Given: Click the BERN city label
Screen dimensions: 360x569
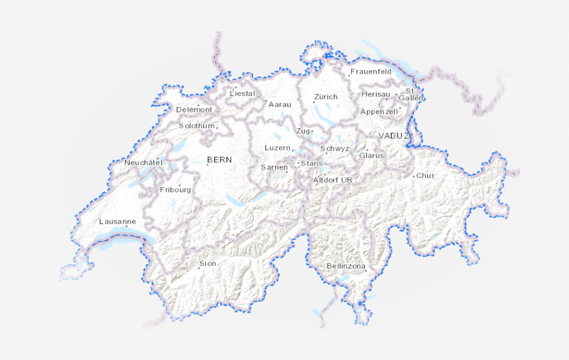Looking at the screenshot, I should (220, 160).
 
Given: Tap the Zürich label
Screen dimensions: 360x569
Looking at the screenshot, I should (326, 97).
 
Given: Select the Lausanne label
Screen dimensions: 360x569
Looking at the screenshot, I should (117, 222).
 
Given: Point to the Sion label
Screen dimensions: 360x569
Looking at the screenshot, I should (207, 263).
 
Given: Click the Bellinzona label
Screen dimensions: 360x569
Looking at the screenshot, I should (346, 266).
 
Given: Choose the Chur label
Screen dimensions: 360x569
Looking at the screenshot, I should (425, 175).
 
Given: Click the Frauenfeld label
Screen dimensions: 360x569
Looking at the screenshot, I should (370, 72).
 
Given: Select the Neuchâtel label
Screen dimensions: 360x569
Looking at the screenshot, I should (143, 163).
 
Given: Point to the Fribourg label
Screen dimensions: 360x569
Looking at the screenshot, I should (175, 190).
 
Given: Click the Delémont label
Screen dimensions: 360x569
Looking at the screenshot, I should (194, 110).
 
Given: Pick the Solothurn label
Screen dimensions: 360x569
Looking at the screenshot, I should (197, 126).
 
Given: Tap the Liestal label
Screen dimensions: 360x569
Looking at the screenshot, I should (242, 93).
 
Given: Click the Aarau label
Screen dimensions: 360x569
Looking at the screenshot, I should (280, 104).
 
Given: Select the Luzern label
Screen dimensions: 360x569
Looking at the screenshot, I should (278, 148).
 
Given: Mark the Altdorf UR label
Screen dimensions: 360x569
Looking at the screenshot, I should (332, 180).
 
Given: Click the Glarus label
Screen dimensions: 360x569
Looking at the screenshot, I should (372, 155).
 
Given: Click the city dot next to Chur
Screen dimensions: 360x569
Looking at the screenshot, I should (413, 177).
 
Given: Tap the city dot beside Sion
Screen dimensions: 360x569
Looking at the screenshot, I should (199, 268).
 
